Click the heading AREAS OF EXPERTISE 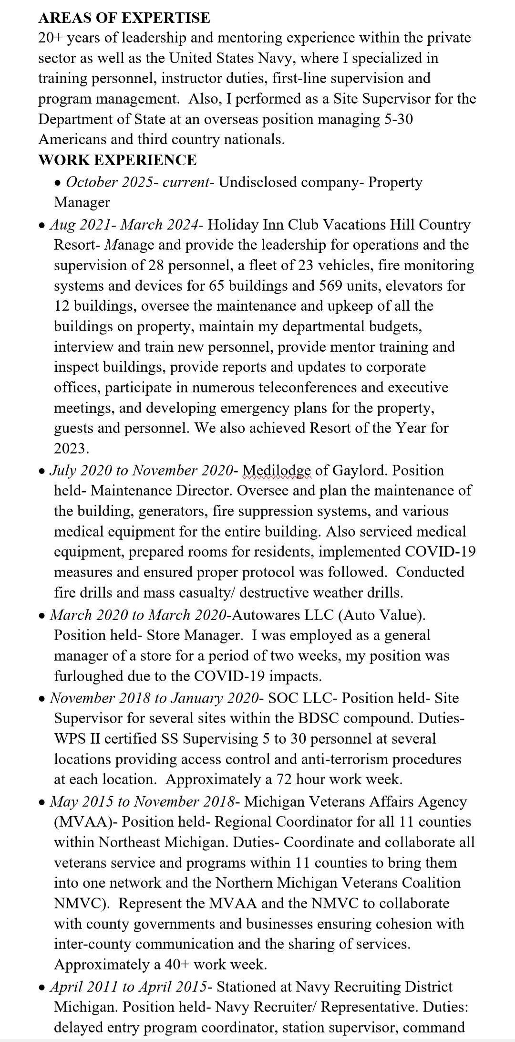(x=124, y=18)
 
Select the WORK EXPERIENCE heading (x=117, y=160)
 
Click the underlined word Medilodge (x=277, y=470)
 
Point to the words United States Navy (x=233, y=58)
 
